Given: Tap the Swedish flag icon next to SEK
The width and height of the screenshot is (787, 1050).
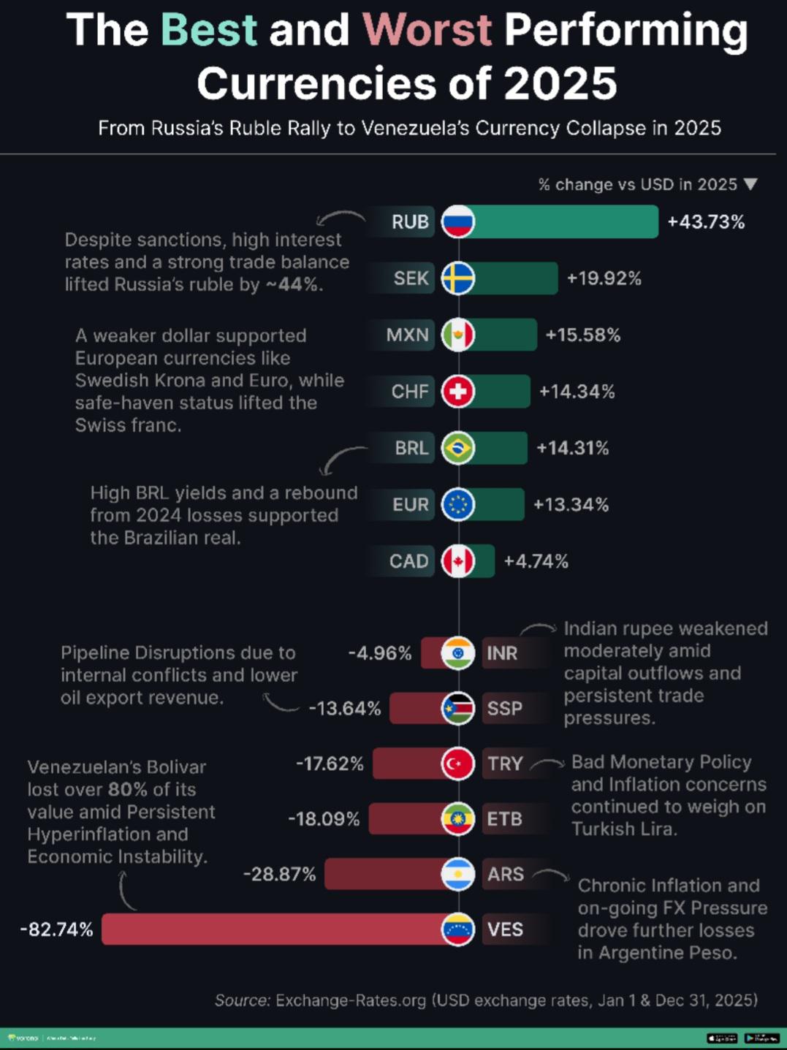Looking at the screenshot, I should pyautogui.click(x=458, y=278).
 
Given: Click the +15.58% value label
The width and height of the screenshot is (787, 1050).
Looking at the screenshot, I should pyautogui.click(x=582, y=335).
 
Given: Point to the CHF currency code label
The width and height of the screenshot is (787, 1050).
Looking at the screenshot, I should pyautogui.click(x=409, y=392).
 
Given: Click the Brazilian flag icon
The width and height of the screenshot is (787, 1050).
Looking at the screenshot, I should pyautogui.click(x=458, y=448).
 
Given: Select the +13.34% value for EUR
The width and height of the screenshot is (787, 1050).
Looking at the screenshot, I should pyautogui.click(x=570, y=505).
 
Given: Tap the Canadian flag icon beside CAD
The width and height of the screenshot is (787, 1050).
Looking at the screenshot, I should pyautogui.click(x=458, y=561).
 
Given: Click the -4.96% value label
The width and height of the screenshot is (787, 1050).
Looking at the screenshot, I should pyautogui.click(x=379, y=653).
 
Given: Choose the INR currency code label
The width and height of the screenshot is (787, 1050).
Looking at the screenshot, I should pyautogui.click(x=502, y=653).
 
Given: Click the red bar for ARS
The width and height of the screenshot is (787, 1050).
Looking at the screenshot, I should pyautogui.click(x=383, y=874).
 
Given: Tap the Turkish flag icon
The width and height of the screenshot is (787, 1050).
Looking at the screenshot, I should pyautogui.click(x=458, y=764).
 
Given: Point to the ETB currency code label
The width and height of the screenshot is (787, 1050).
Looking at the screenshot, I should pyautogui.click(x=504, y=819).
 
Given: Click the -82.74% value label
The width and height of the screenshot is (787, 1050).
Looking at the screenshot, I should pyautogui.click(x=56, y=929).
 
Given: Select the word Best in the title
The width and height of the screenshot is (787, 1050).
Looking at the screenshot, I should pyautogui.click(x=208, y=30).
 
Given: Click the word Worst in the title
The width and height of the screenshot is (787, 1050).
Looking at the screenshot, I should pyautogui.click(x=427, y=30).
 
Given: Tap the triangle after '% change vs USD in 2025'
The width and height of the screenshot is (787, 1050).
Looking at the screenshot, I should pyautogui.click(x=750, y=184).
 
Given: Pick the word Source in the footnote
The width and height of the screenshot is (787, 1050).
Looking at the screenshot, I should pyautogui.click(x=242, y=1000).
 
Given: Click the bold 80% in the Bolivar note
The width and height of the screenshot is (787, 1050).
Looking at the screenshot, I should pyautogui.click(x=129, y=789).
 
